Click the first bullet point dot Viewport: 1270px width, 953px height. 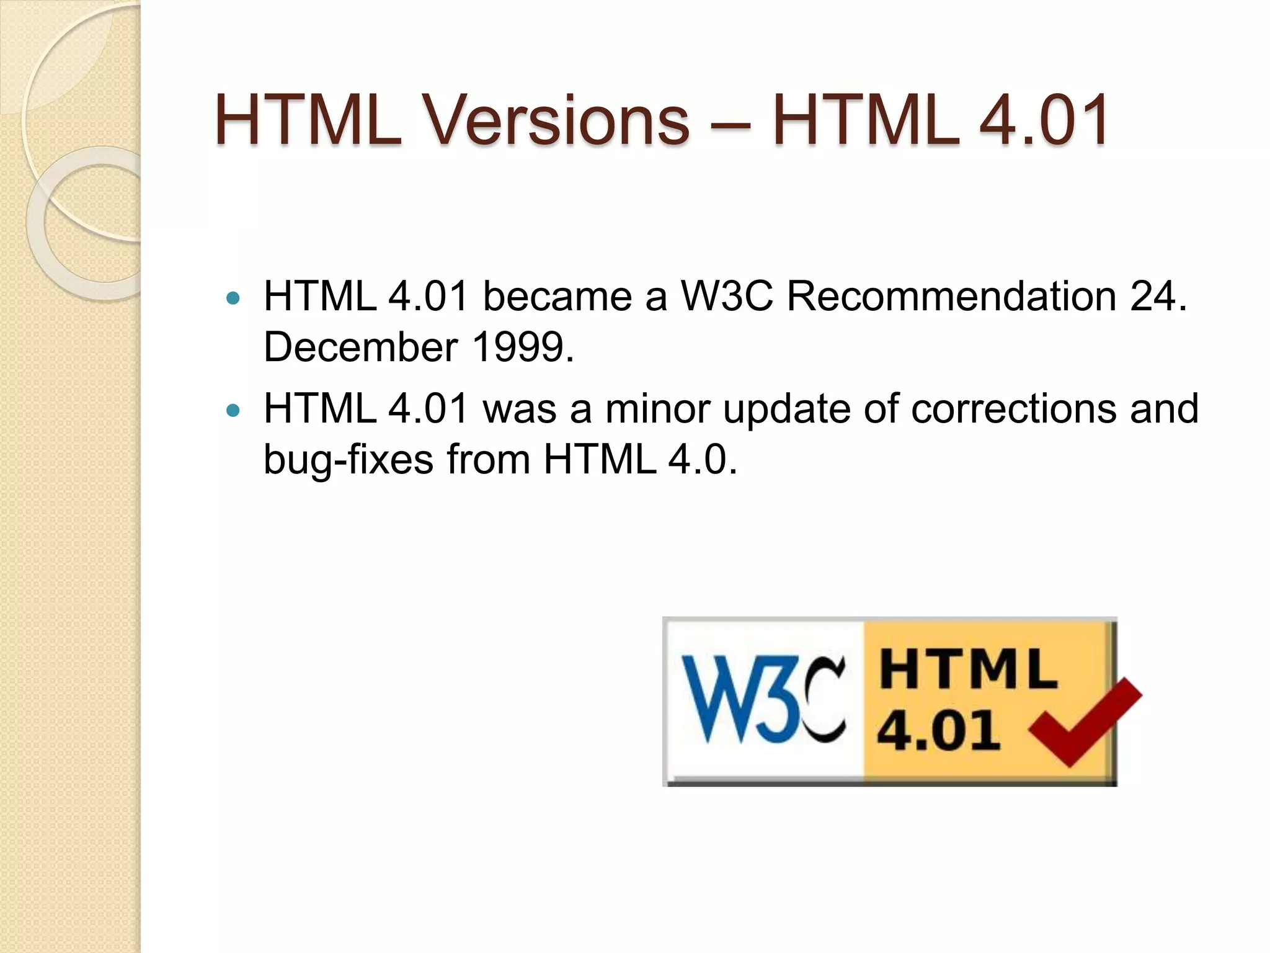(x=233, y=298)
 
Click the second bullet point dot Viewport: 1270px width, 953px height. (x=233, y=411)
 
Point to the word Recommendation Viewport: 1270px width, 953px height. (x=951, y=296)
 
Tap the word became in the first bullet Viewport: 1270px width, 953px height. (x=557, y=296)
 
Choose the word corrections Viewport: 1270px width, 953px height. (x=1013, y=409)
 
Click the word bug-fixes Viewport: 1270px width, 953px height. (x=348, y=460)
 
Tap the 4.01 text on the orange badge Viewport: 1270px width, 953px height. (x=938, y=730)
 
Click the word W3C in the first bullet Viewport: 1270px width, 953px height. (x=727, y=296)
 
